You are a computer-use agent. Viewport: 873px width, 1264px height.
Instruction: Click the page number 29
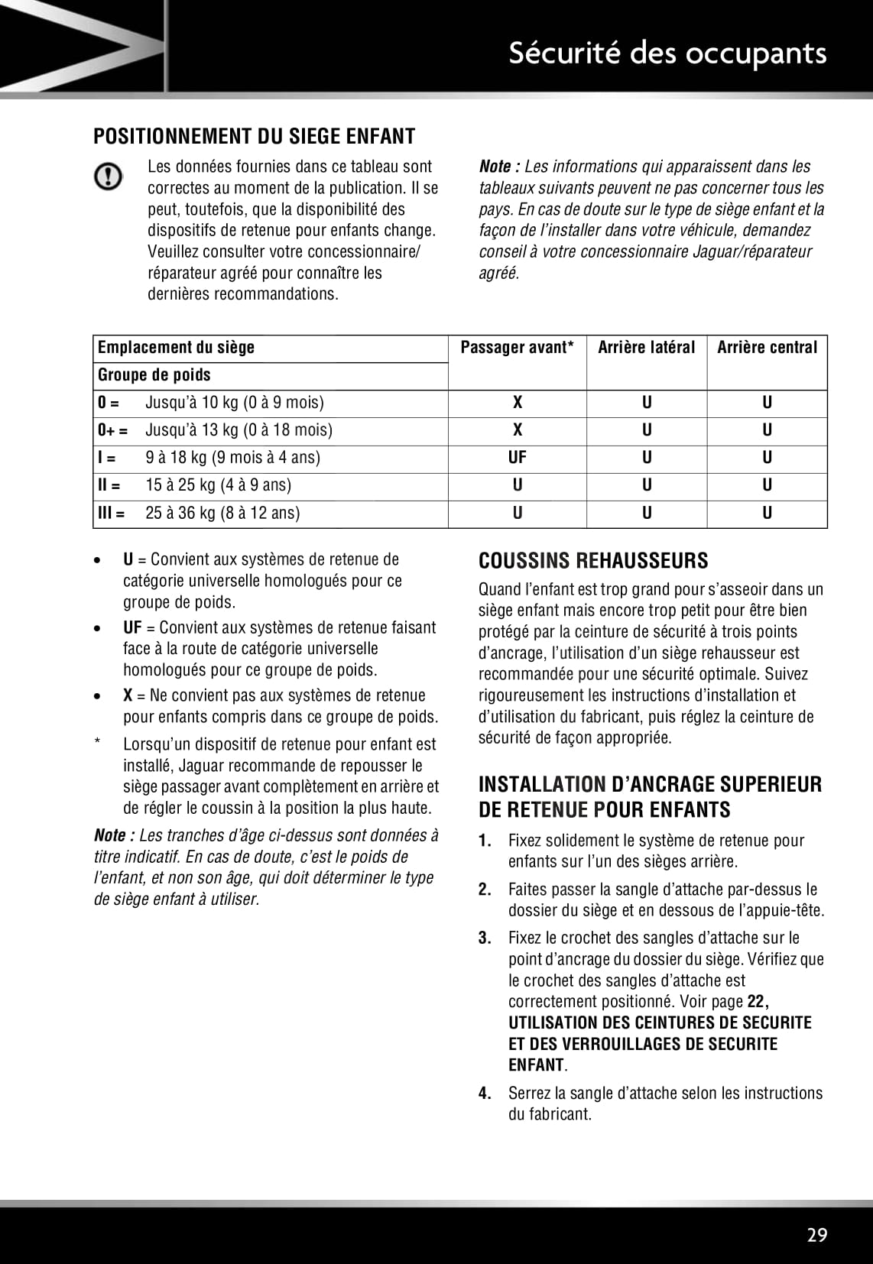pos(816,1235)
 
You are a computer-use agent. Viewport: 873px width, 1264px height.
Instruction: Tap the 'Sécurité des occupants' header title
pos(667,53)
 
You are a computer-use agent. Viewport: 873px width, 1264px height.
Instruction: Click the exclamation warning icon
pos(108,177)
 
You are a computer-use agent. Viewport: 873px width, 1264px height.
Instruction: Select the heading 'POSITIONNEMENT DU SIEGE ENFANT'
pos(254,137)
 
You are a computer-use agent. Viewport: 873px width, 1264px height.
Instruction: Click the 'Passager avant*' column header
pos(517,348)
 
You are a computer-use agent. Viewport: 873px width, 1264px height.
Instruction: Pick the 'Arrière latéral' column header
pos(646,348)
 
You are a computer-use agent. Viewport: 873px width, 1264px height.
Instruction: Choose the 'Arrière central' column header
pos(767,348)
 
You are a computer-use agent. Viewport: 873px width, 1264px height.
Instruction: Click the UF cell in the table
pos(517,458)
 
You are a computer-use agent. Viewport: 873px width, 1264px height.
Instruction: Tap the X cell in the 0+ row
pos(517,430)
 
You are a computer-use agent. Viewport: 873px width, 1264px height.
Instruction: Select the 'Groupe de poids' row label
pos(154,375)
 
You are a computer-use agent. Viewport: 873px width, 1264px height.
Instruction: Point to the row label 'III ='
pos(111,513)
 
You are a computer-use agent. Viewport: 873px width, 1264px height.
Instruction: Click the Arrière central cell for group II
pos(767,485)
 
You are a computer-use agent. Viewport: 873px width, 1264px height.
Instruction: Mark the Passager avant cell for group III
pos(517,513)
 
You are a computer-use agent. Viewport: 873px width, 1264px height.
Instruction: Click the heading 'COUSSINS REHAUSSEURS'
pos(593,561)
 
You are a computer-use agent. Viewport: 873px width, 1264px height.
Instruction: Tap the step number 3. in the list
pos(485,938)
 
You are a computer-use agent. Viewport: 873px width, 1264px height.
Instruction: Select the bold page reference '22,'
pos(758,1002)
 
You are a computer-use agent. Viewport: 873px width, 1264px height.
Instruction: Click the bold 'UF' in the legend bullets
pos(132,628)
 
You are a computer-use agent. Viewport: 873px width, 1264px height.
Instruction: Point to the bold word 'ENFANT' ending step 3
pos(536,1065)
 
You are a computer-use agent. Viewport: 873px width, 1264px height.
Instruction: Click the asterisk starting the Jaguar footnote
pos(98,744)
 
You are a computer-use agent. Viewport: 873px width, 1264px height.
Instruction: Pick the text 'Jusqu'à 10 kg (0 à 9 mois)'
pos(234,403)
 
